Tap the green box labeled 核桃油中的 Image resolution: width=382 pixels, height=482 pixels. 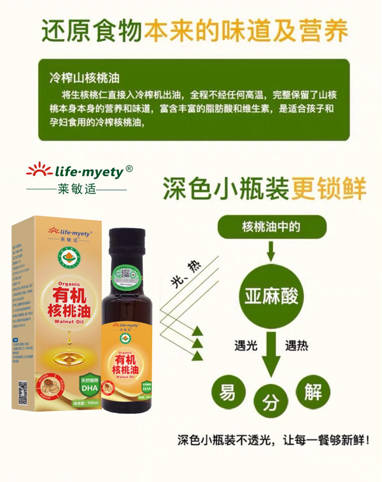[272, 227]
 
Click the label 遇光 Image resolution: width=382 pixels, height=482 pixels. [246, 346]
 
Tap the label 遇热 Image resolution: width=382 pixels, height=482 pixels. [297, 346]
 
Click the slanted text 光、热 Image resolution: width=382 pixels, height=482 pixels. [186, 273]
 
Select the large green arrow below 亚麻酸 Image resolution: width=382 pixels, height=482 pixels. [271, 354]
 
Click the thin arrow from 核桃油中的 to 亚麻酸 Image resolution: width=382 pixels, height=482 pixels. [271, 252]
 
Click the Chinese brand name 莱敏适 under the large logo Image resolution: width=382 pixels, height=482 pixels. [76, 189]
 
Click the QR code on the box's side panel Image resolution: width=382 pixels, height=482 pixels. [22, 393]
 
